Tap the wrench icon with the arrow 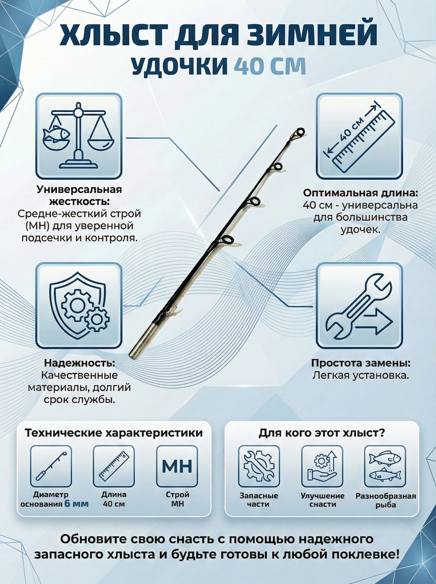(359, 305)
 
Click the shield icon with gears (79, 305)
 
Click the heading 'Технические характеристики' (114, 433)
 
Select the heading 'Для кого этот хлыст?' (322, 433)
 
